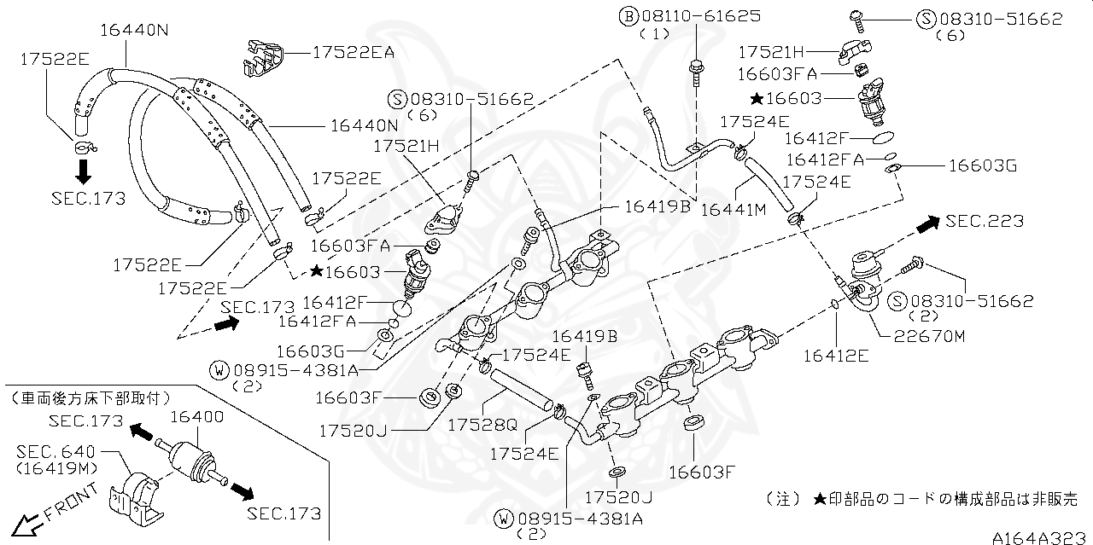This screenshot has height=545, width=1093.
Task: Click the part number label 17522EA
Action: [353, 52]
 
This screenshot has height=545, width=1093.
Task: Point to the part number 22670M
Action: [930, 335]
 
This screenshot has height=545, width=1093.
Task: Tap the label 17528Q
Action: [484, 424]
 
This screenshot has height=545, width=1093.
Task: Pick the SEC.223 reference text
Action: [984, 221]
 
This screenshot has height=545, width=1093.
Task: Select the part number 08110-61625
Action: [701, 15]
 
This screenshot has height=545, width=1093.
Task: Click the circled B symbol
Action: [628, 16]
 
